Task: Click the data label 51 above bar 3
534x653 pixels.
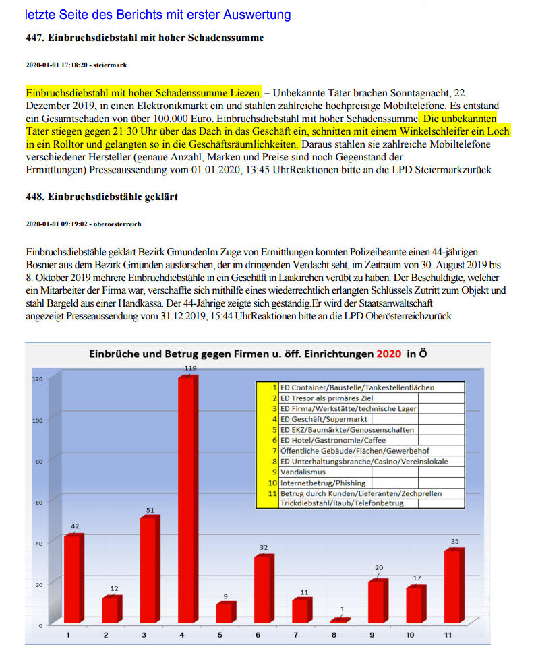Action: [150, 510]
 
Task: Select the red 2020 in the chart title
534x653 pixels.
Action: [389, 354]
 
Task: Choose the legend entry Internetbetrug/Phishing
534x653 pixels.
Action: [323, 483]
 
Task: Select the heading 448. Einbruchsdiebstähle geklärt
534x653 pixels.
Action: [101, 197]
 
